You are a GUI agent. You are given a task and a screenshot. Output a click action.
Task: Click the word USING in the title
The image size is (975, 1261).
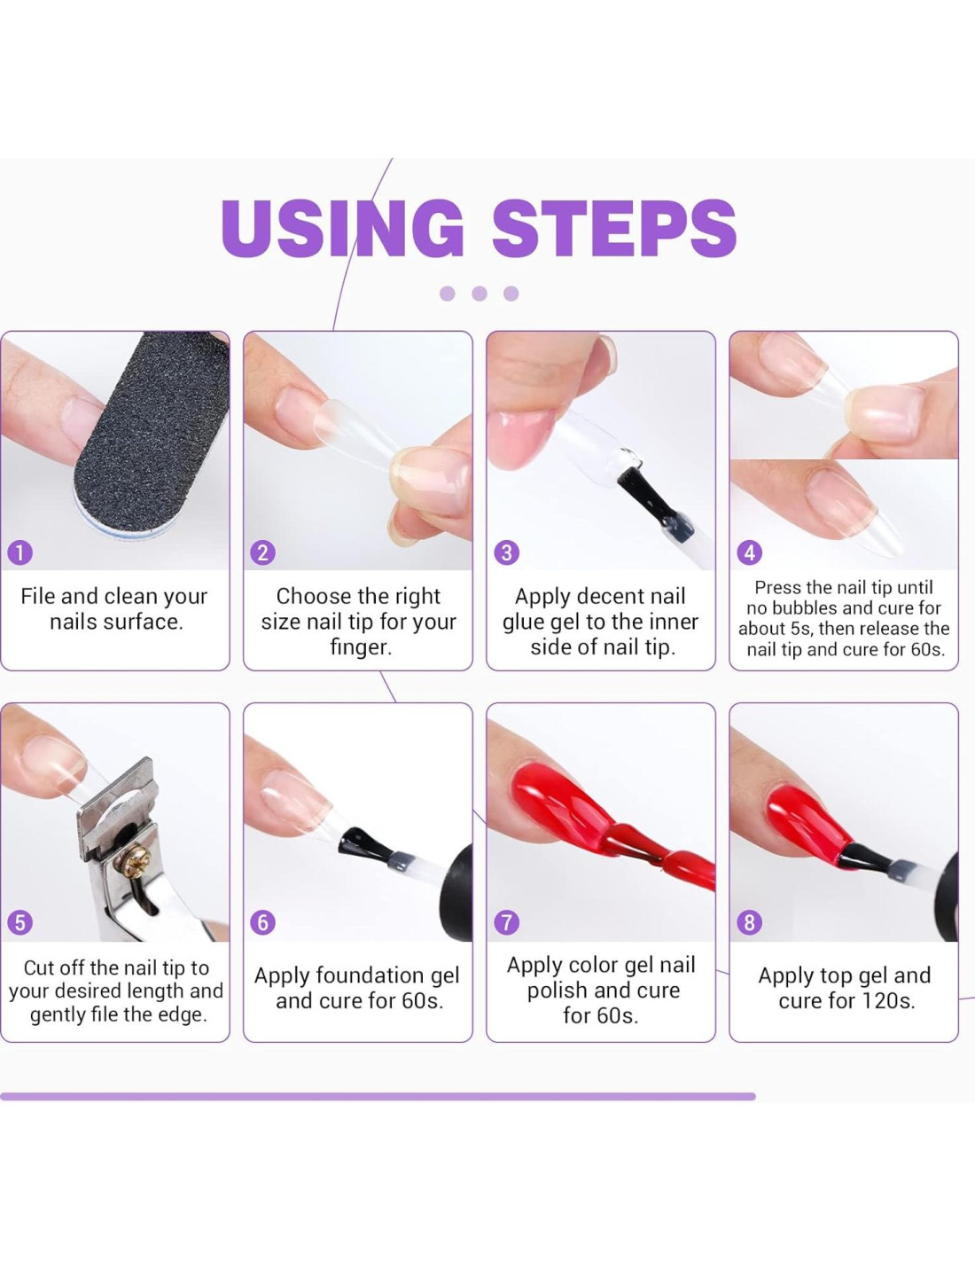342,228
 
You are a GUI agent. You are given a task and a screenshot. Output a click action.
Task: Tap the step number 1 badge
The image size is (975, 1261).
20,552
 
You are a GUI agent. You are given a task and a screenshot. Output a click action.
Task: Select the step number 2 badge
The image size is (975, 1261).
262,552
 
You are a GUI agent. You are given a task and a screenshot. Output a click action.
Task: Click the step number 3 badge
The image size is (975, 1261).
506,552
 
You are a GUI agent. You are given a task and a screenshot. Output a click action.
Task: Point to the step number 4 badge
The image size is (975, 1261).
749,552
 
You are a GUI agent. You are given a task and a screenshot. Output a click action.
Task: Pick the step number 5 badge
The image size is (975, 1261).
20,922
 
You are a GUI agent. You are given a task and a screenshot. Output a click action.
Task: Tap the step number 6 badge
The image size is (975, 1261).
262,922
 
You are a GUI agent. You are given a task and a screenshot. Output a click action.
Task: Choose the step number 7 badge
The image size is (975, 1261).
506,922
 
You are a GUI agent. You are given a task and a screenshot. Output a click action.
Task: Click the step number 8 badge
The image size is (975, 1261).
749,922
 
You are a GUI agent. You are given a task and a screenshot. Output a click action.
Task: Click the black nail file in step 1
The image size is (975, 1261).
152,433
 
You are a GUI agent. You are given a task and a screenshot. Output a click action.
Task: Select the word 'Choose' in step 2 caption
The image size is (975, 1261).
308,597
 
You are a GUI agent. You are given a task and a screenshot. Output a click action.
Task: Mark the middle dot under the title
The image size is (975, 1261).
480,293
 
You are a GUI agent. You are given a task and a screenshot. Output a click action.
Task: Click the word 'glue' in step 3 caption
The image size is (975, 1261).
521,623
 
